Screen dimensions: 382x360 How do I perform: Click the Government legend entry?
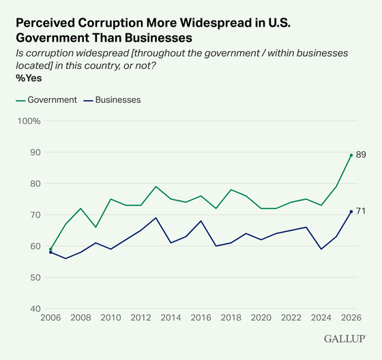46,100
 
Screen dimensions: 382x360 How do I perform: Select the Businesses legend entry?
112,100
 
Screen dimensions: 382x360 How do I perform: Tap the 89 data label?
361,155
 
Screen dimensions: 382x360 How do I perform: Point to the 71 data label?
361,211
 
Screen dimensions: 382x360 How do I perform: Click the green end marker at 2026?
351,155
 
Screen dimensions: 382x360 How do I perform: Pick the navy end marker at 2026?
351,211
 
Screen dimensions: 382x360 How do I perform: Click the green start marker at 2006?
50,249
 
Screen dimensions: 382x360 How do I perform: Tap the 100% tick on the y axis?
29,121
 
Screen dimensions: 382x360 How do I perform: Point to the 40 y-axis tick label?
35,309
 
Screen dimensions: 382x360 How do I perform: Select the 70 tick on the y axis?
35,215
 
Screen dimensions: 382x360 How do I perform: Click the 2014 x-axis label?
171,318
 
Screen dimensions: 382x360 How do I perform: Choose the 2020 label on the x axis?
261,318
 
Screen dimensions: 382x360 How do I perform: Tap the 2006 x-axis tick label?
50,318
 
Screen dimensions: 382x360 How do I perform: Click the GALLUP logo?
344,339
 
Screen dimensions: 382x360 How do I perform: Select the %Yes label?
29,78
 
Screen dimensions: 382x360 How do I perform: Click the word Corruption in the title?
111,23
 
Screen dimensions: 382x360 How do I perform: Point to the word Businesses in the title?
158,37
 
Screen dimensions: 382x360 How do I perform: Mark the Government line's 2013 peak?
156,187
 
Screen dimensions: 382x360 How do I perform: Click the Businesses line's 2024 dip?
321,249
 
